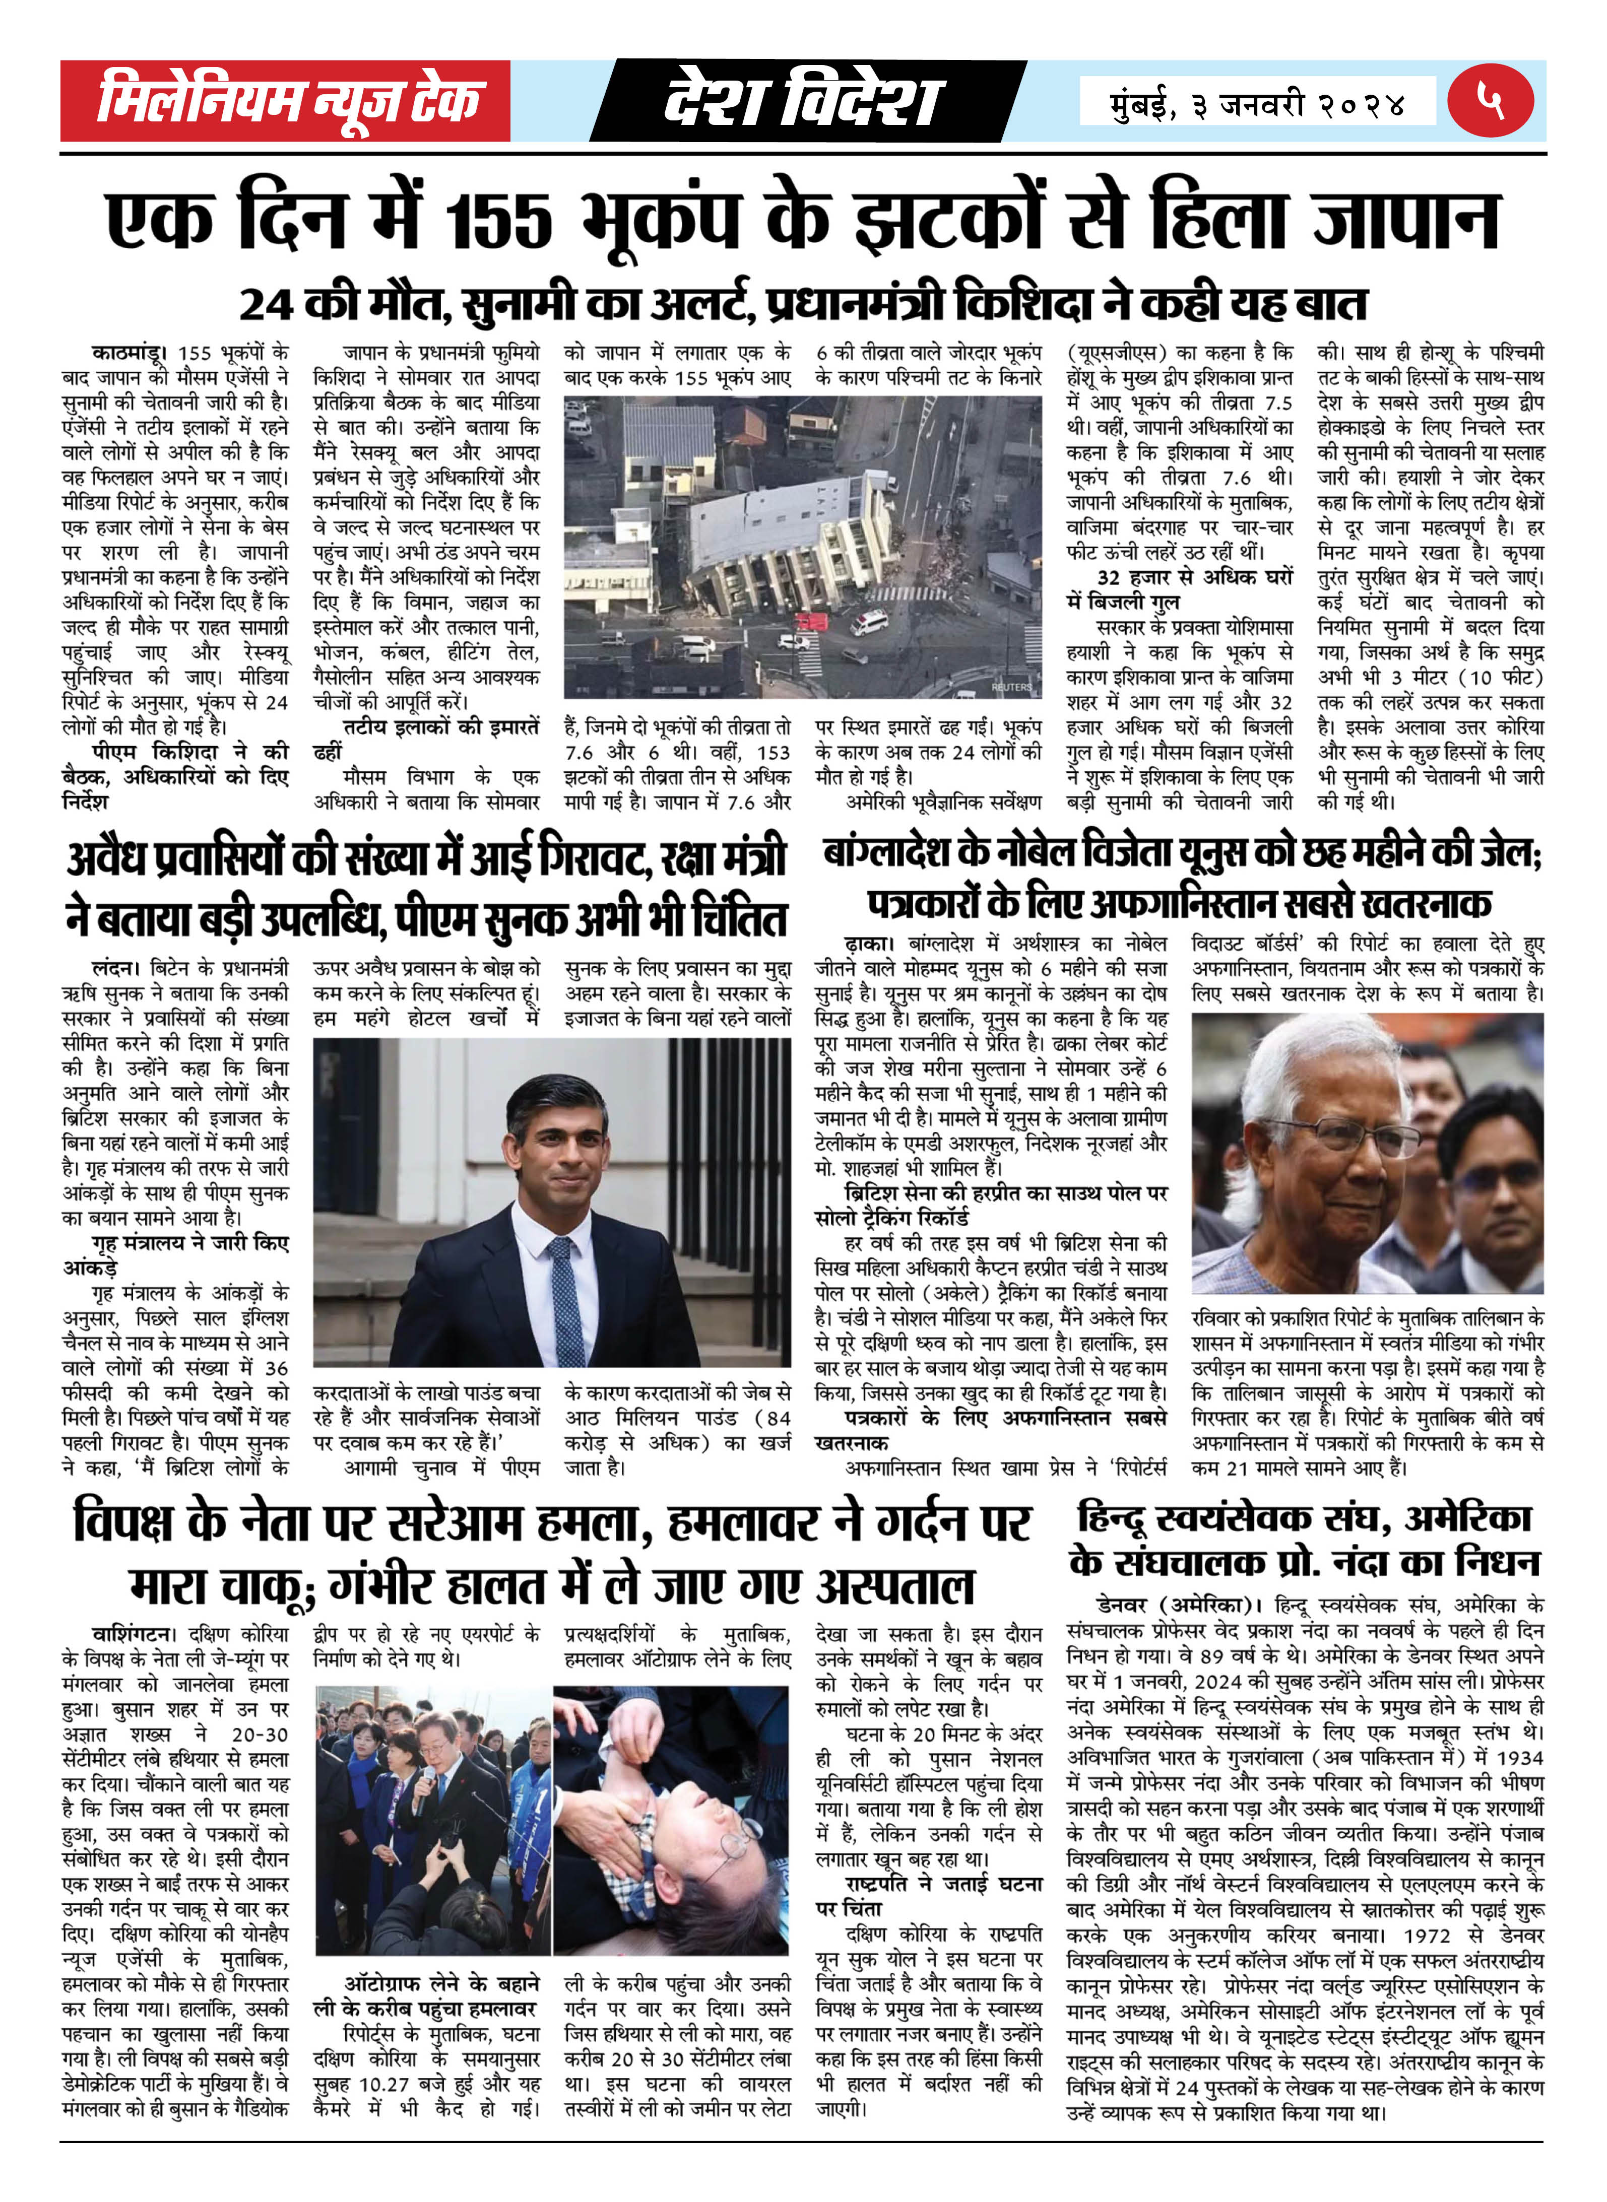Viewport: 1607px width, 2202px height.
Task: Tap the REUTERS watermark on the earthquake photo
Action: (1012, 687)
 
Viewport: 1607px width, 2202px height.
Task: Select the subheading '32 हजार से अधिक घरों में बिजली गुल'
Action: (1179, 589)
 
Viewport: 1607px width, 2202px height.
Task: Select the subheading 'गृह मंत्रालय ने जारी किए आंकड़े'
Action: (175, 1255)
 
